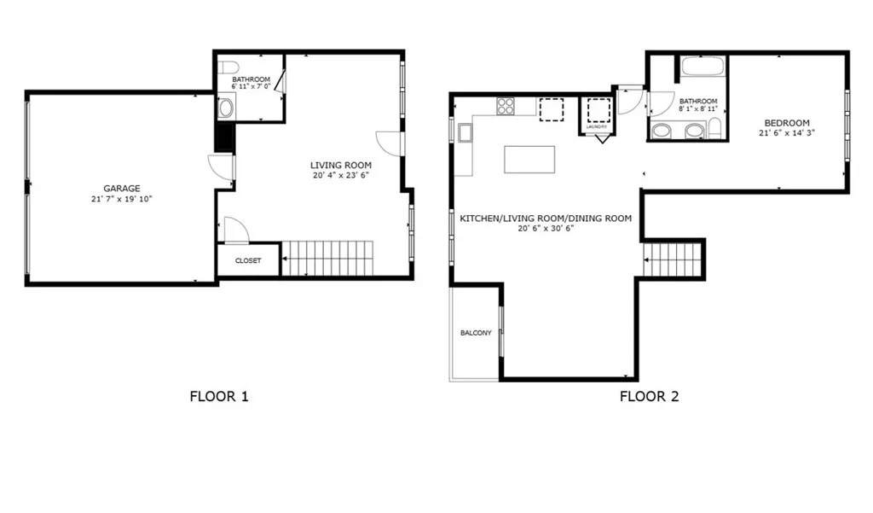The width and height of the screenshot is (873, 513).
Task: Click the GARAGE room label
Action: tap(121, 189)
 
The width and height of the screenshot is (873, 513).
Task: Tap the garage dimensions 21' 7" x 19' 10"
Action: tap(121, 198)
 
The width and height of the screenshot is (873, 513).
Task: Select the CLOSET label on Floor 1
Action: tap(247, 260)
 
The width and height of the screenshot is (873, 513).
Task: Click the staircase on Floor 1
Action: tap(327, 258)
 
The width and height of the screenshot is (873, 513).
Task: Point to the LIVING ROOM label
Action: tap(340, 166)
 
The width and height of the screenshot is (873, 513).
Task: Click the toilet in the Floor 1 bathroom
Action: tap(228, 67)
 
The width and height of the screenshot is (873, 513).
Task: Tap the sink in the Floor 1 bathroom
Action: tap(226, 108)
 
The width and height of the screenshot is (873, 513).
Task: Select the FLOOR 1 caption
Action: tap(219, 396)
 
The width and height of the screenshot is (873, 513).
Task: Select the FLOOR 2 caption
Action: tap(649, 396)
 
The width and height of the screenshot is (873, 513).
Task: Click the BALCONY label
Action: tap(475, 333)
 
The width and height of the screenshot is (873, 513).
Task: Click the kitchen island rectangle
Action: tap(529, 160)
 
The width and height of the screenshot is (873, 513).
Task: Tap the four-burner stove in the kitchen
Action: tap(506, 107)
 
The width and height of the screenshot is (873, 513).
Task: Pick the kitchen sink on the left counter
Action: tap(465, 132)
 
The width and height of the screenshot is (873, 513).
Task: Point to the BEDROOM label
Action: tap(784, 123)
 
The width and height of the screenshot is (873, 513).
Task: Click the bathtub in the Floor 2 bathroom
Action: tap(702, 67)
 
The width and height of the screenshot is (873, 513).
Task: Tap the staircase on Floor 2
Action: tap(673, 259)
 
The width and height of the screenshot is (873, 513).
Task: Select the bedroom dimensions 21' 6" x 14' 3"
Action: tap(784, 132)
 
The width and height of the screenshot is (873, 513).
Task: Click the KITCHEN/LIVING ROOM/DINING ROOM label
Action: tap(546, 219)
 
